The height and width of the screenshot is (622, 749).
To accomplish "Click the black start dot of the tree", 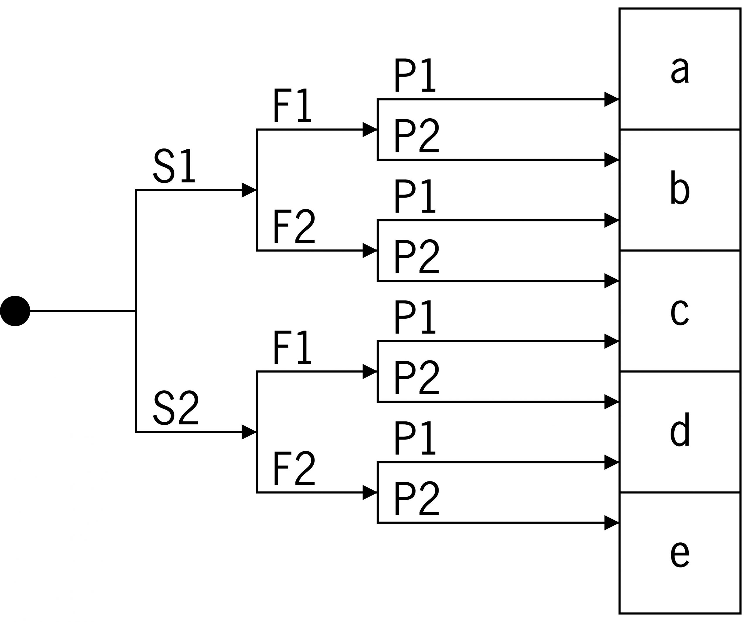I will [x=15, y=311].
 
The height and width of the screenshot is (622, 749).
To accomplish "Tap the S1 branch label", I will [x=174, y=166].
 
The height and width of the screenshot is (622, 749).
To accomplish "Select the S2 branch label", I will [x=176, y=408].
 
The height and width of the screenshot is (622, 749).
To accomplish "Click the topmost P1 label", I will [x=415, y=75].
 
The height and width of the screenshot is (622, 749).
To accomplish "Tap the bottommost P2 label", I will [x=417, y=498].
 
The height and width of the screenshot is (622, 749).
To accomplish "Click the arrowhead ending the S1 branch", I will [x=249, y=190].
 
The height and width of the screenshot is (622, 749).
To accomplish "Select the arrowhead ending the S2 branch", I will [x=249, y=432].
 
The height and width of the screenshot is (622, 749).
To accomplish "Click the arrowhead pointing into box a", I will [x=611, y=99].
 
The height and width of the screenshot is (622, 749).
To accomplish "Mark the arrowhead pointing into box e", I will [x=611, y=523].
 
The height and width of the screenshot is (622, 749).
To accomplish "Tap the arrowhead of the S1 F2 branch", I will [x=370, y=250].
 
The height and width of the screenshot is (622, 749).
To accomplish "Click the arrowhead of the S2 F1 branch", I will [x=370, y=372].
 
